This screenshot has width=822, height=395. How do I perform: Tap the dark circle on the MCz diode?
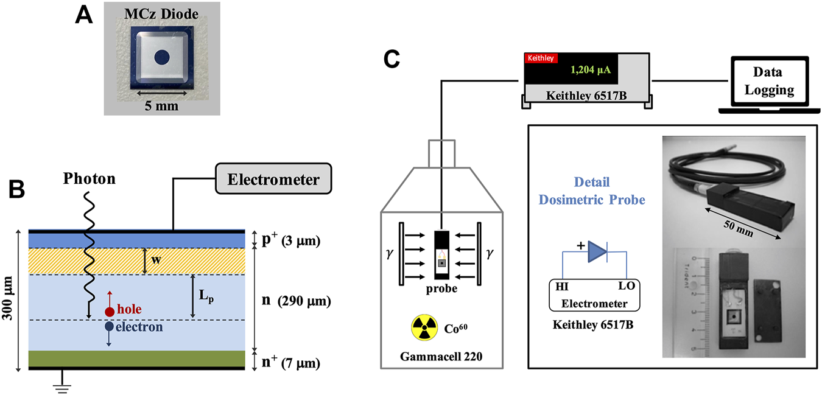click(161, 58)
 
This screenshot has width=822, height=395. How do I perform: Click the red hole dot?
click(110, 312)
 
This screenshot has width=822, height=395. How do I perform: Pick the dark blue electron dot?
click(110, 327)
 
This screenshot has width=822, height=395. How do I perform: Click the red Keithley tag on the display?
click(540, 58)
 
